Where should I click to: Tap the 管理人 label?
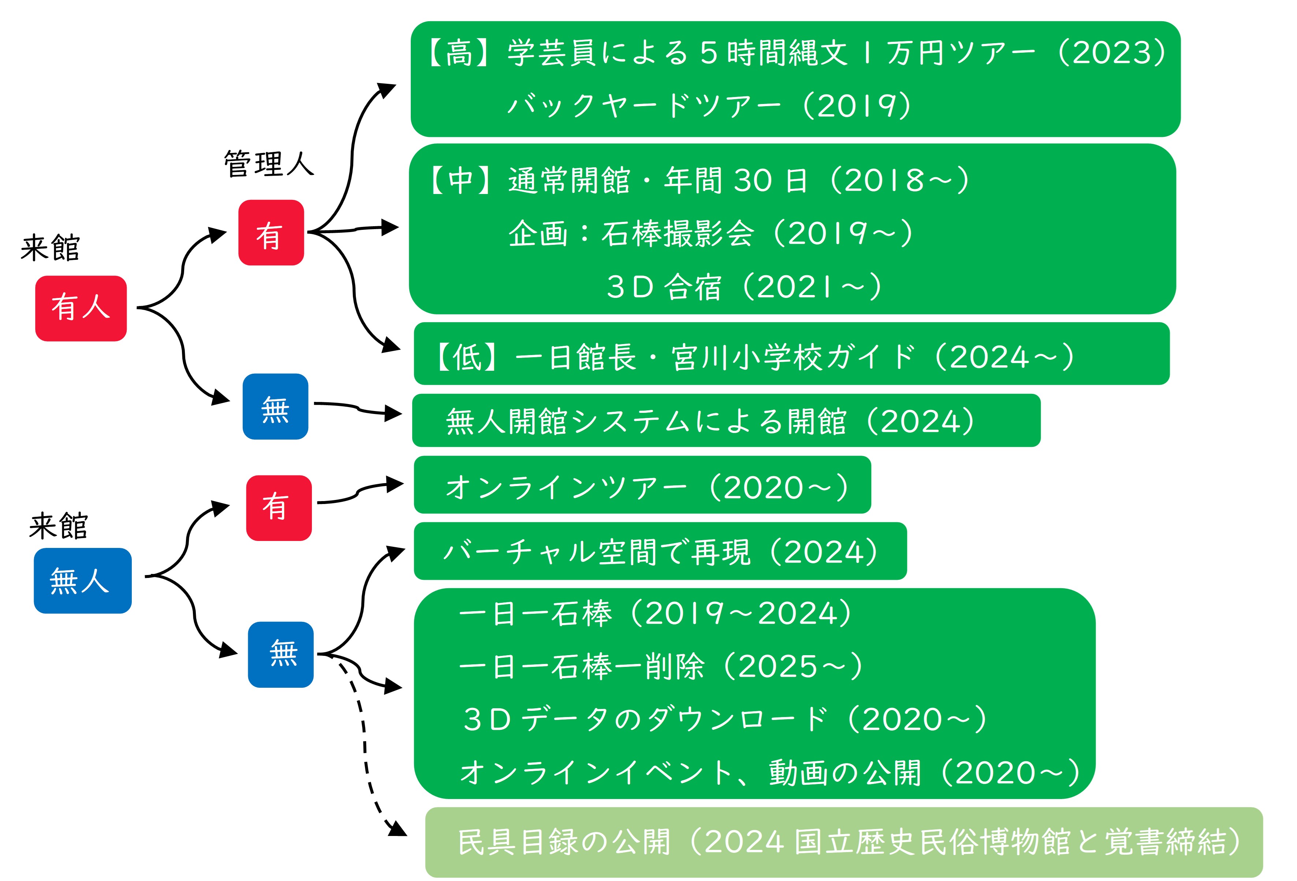point(269,164)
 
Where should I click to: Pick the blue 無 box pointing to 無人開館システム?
point(276,406)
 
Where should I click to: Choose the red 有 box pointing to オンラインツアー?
point(279,508)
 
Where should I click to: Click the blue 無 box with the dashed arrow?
point(281,654)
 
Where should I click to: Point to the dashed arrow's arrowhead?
point(399,829)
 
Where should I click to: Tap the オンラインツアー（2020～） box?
point(642,485)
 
